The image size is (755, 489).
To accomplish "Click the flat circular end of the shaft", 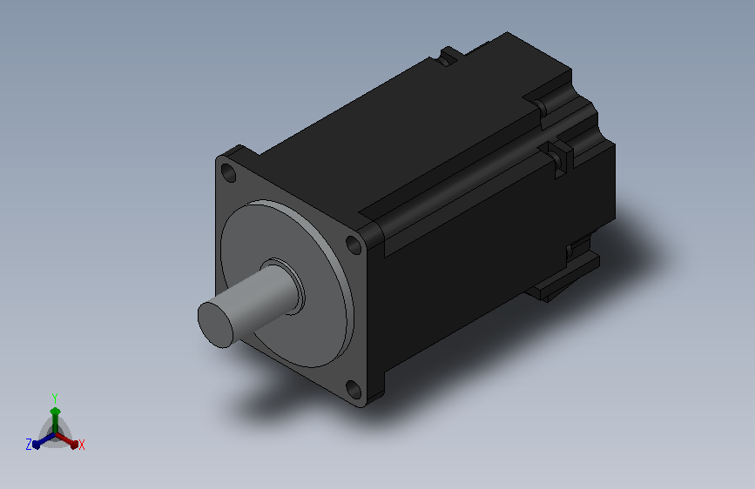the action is (x=215, y=325).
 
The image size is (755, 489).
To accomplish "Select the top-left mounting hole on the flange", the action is (x=228, y=173).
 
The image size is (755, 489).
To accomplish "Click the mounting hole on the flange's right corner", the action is (x=354, y=245).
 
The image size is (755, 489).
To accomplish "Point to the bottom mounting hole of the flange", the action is (x=354, y=389).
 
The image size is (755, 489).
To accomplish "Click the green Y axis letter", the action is (x=55, y=399).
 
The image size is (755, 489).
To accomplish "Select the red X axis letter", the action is (x=81, y=445).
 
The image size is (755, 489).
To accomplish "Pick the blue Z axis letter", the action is (x=29, y=445).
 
